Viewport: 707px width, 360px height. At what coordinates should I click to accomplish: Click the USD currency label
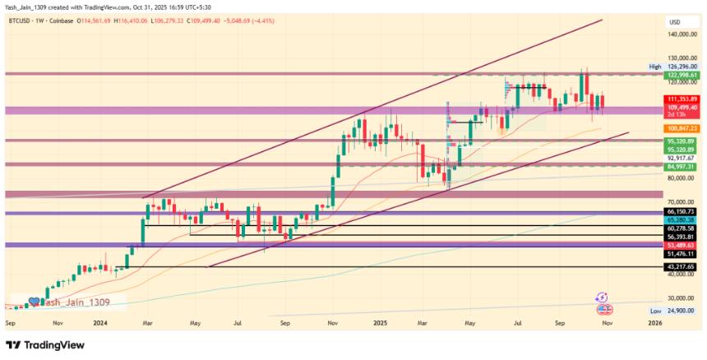[675, 21]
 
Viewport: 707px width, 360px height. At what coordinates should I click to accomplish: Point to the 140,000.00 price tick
[682, 35]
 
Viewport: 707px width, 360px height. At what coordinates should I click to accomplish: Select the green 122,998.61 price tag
[682, 75]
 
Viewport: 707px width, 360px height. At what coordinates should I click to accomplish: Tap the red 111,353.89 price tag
[682, 99]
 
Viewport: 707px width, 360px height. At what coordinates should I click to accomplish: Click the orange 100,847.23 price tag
[682, 129]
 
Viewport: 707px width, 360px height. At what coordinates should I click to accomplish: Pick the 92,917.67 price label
[682, 158]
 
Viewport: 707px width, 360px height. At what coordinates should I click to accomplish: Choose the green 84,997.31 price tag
[682, 167]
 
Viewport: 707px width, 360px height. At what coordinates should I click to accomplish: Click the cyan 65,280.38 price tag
[682, 221]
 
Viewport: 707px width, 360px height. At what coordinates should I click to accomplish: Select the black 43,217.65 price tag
[682, 267]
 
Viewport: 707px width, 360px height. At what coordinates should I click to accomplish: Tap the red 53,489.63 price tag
[682, 246]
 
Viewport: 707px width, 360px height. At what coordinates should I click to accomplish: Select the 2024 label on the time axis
[102, 324]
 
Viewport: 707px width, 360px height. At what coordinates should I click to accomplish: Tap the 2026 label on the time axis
[654, 324]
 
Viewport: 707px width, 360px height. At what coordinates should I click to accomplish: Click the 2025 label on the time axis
[380, 324]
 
